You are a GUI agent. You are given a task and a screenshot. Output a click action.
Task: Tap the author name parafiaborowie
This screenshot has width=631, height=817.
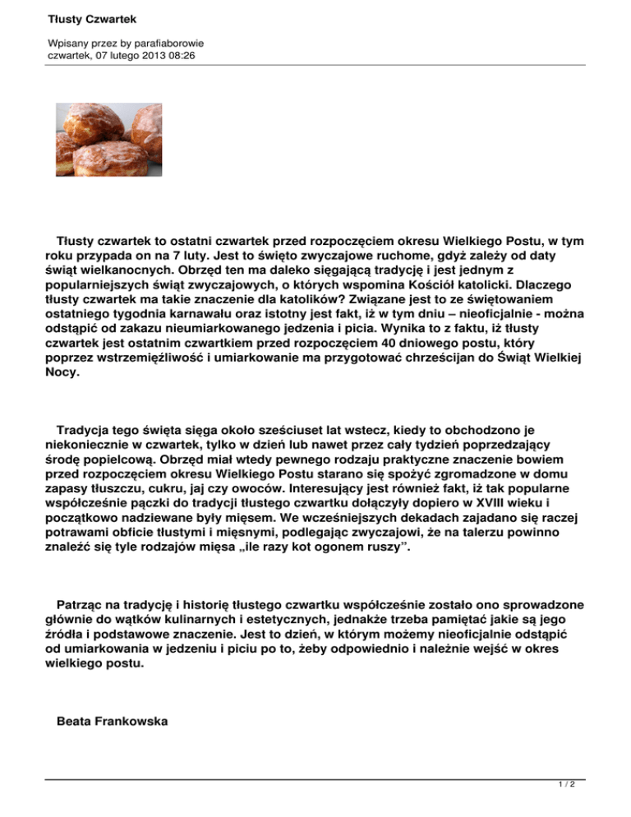tap(162, 41)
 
